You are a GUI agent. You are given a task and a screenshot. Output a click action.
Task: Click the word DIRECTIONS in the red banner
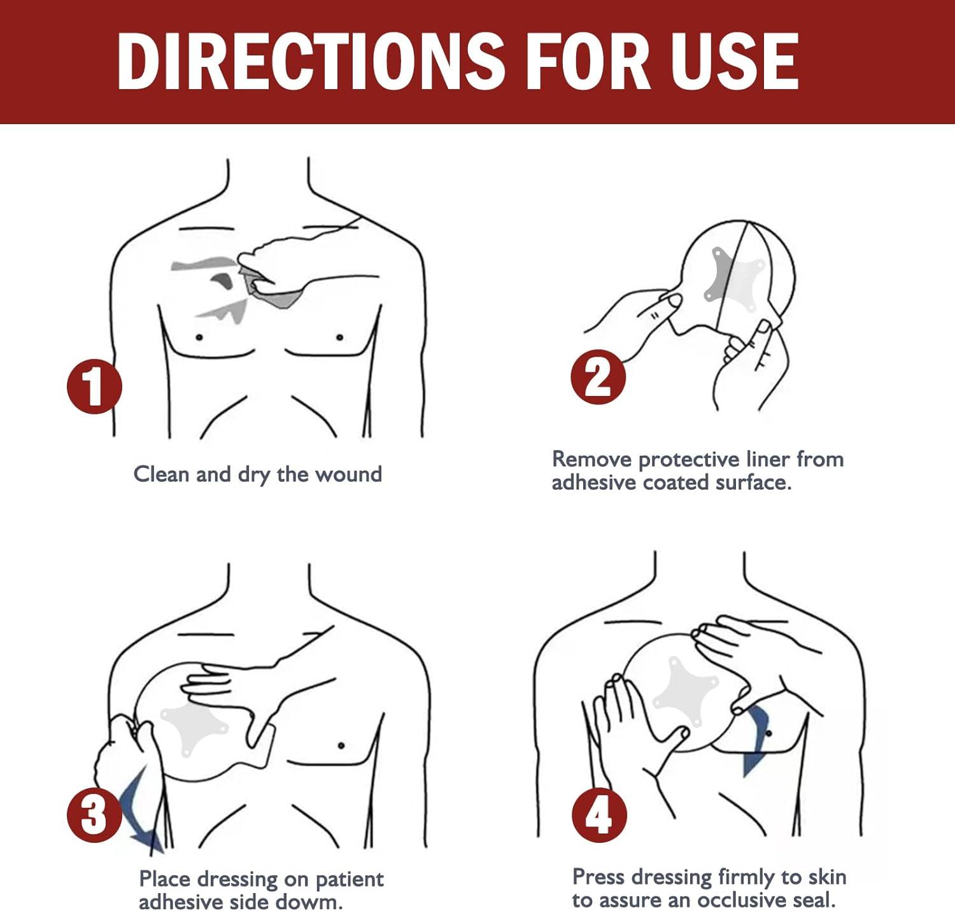pyautogui.click(x=311, y=61)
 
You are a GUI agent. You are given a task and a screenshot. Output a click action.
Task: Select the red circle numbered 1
pyautogui.click(x=94, y=386)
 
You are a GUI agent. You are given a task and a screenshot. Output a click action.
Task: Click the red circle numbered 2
pyautogui.click(x=598, y=376)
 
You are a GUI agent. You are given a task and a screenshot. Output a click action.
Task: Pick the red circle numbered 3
pyautogui.click(x=94, y=814)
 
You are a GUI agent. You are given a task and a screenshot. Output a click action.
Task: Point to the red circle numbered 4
pyautogui.click(x=599, y=815)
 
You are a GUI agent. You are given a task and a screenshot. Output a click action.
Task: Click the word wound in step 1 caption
pyautogui.click(x=348, y=474)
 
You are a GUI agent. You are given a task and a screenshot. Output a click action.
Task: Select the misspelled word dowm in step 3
pyautogui.click(x=309, y=901)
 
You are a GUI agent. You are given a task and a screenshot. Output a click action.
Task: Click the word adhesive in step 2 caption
pyautogui.click(x=593, y=483)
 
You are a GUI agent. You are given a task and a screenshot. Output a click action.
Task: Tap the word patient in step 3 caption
pyautogui.click(x=350, y=880)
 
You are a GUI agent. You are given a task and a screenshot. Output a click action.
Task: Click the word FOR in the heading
pyautogui.click(x=588, y=61)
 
